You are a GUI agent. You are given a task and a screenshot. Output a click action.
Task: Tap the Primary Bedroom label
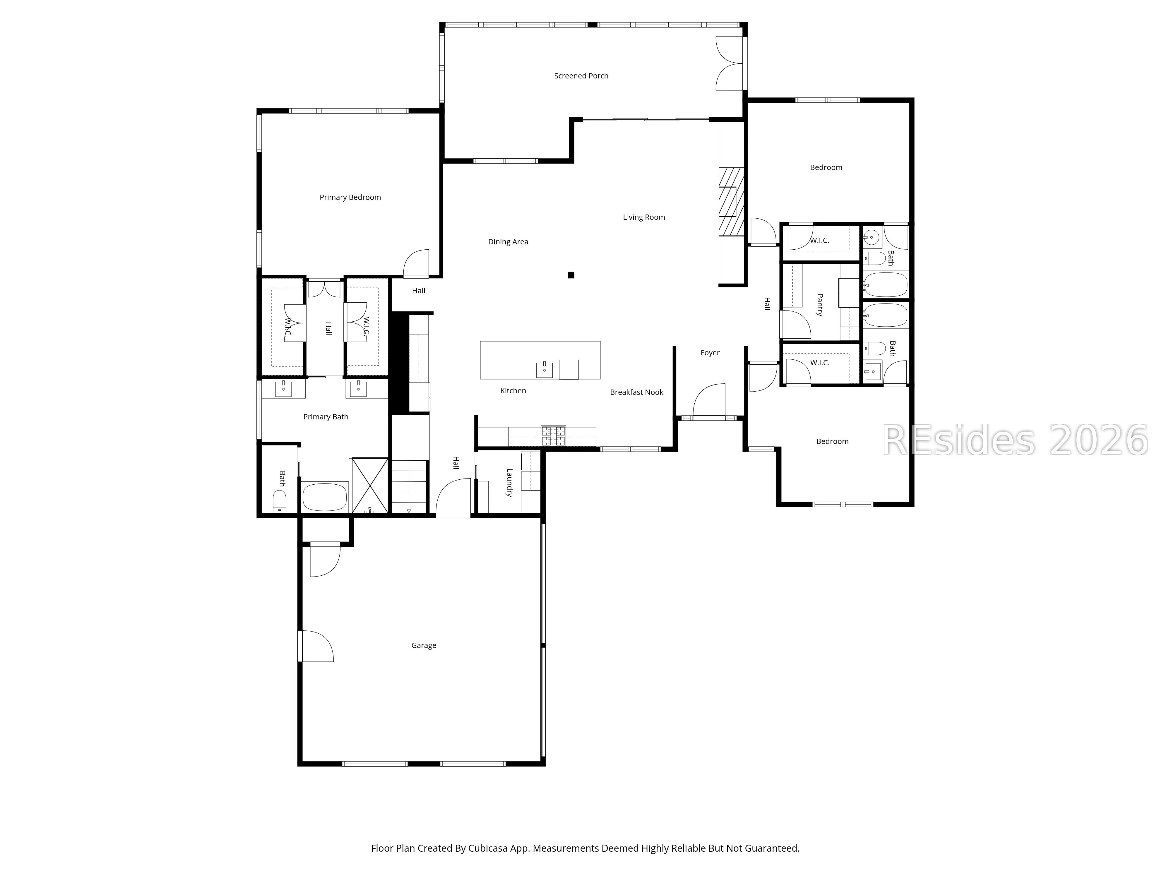pos(350,198)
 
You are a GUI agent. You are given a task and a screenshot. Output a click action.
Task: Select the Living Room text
pos(644,217)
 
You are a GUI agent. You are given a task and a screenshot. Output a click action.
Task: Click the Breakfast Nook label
pos(636,392)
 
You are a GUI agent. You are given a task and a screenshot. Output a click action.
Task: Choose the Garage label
pos(424,645)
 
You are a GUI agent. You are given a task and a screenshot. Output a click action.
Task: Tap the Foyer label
pos(710,352)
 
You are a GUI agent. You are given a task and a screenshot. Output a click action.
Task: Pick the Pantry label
pos(819,305)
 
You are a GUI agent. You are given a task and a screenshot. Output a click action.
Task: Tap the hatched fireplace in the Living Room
pos(731,202)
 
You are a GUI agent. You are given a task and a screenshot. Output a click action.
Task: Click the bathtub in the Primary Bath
pos(324,497)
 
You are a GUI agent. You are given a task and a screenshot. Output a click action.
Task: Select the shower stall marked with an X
pos(370,485)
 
